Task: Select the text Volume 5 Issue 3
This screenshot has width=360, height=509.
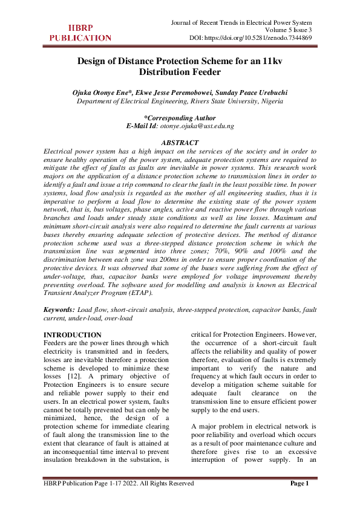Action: pyautogui.click(x=289, y=30)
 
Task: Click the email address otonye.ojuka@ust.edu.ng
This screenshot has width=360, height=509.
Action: pyautogui.click(x=197, y=126)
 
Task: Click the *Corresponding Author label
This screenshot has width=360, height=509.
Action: pyautogui.click(x=180, y=118)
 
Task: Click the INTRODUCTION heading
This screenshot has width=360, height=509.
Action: pyautogui.click(x=73, y=334)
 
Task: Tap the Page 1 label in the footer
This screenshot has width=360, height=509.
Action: pyautogui.click(x=299, y=484)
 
